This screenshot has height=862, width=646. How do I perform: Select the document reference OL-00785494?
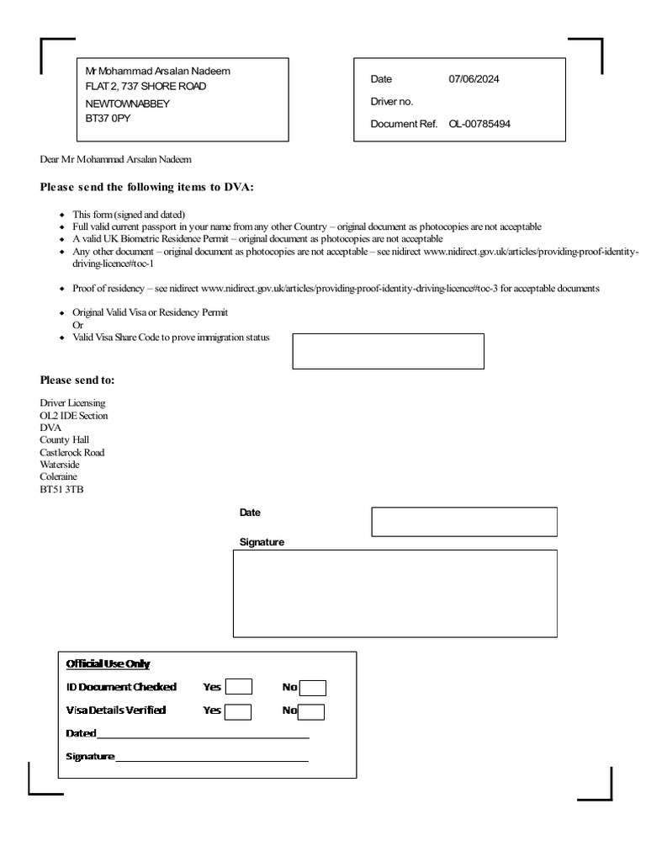pos(479,124)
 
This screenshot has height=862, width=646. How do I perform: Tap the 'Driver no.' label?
pos(392,102)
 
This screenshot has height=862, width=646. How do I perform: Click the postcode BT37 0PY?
pos(108,119)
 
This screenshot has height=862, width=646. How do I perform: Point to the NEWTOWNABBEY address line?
pos(127,104)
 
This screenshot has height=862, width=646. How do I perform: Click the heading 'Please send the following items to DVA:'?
pos(147,187)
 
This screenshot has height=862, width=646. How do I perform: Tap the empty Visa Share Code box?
pos(388,351)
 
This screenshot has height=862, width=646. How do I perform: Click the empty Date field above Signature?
pos(464,522)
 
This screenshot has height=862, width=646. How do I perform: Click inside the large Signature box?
pos(394,593)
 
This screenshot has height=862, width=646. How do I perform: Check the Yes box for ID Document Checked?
pos(239,687)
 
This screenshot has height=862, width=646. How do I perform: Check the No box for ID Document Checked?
pos(313,689)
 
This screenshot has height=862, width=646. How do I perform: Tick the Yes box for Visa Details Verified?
pos(239,711)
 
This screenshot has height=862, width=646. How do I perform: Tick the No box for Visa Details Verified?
pos(312,712)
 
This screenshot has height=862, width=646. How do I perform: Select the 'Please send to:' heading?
pos(77,380)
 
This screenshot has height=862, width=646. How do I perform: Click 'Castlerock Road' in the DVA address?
pos(72,452)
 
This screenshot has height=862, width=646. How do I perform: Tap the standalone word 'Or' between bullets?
pos(78,325)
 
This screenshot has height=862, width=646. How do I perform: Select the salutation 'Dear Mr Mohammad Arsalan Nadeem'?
pos(116,159)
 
